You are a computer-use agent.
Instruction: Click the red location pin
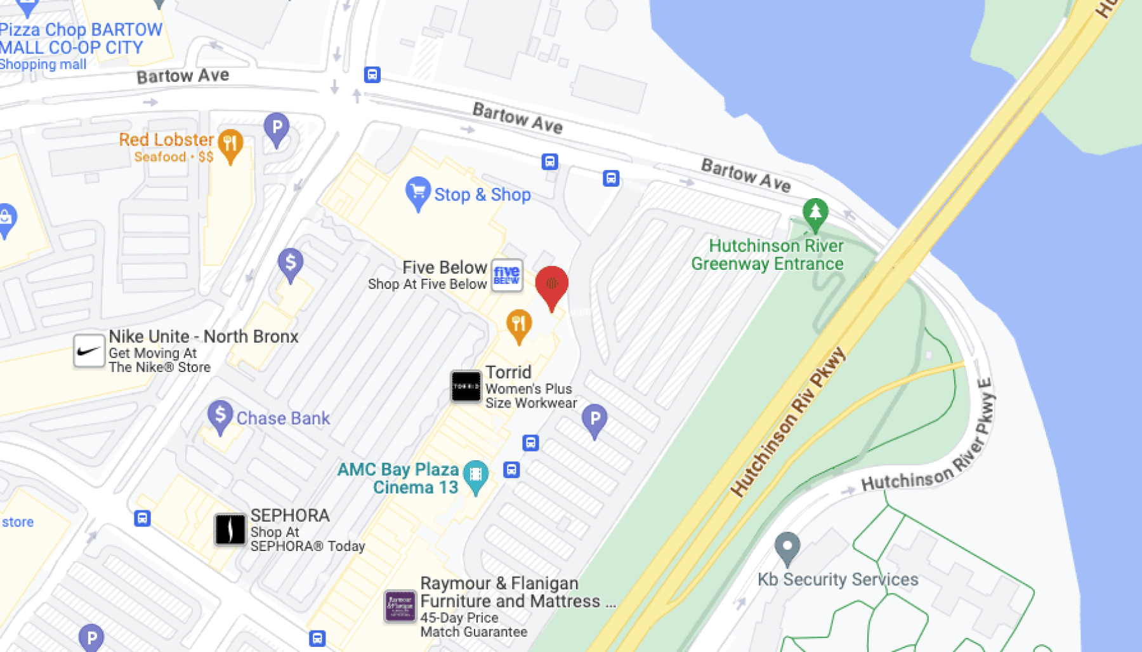tap(551, 286)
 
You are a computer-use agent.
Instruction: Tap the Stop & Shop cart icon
tap(417, 190)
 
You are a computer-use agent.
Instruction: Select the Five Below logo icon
tap(507, 276)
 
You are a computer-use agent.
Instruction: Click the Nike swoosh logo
tap(89, 351)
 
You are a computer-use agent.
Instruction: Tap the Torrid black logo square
tap(466, 386)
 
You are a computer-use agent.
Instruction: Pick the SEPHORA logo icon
tap(230, 529)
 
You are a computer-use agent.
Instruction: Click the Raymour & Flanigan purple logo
tap(400, 606)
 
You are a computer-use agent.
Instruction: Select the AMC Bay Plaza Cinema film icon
tap(475, 474)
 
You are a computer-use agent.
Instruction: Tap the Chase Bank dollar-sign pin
tap(220, 415)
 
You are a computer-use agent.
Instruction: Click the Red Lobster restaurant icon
tap(230, 143)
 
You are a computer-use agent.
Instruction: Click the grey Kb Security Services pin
tap(787, 547)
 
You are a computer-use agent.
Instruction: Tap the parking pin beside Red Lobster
tap(277, 128)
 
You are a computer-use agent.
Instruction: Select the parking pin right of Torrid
tap(594, 419)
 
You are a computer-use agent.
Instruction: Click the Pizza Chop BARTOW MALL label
tap(81, 38)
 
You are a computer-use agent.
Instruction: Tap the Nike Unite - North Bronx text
tap(203, 336)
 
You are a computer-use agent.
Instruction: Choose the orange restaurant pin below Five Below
tap(518, 324)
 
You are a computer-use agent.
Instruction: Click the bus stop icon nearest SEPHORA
tap(143, 518)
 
